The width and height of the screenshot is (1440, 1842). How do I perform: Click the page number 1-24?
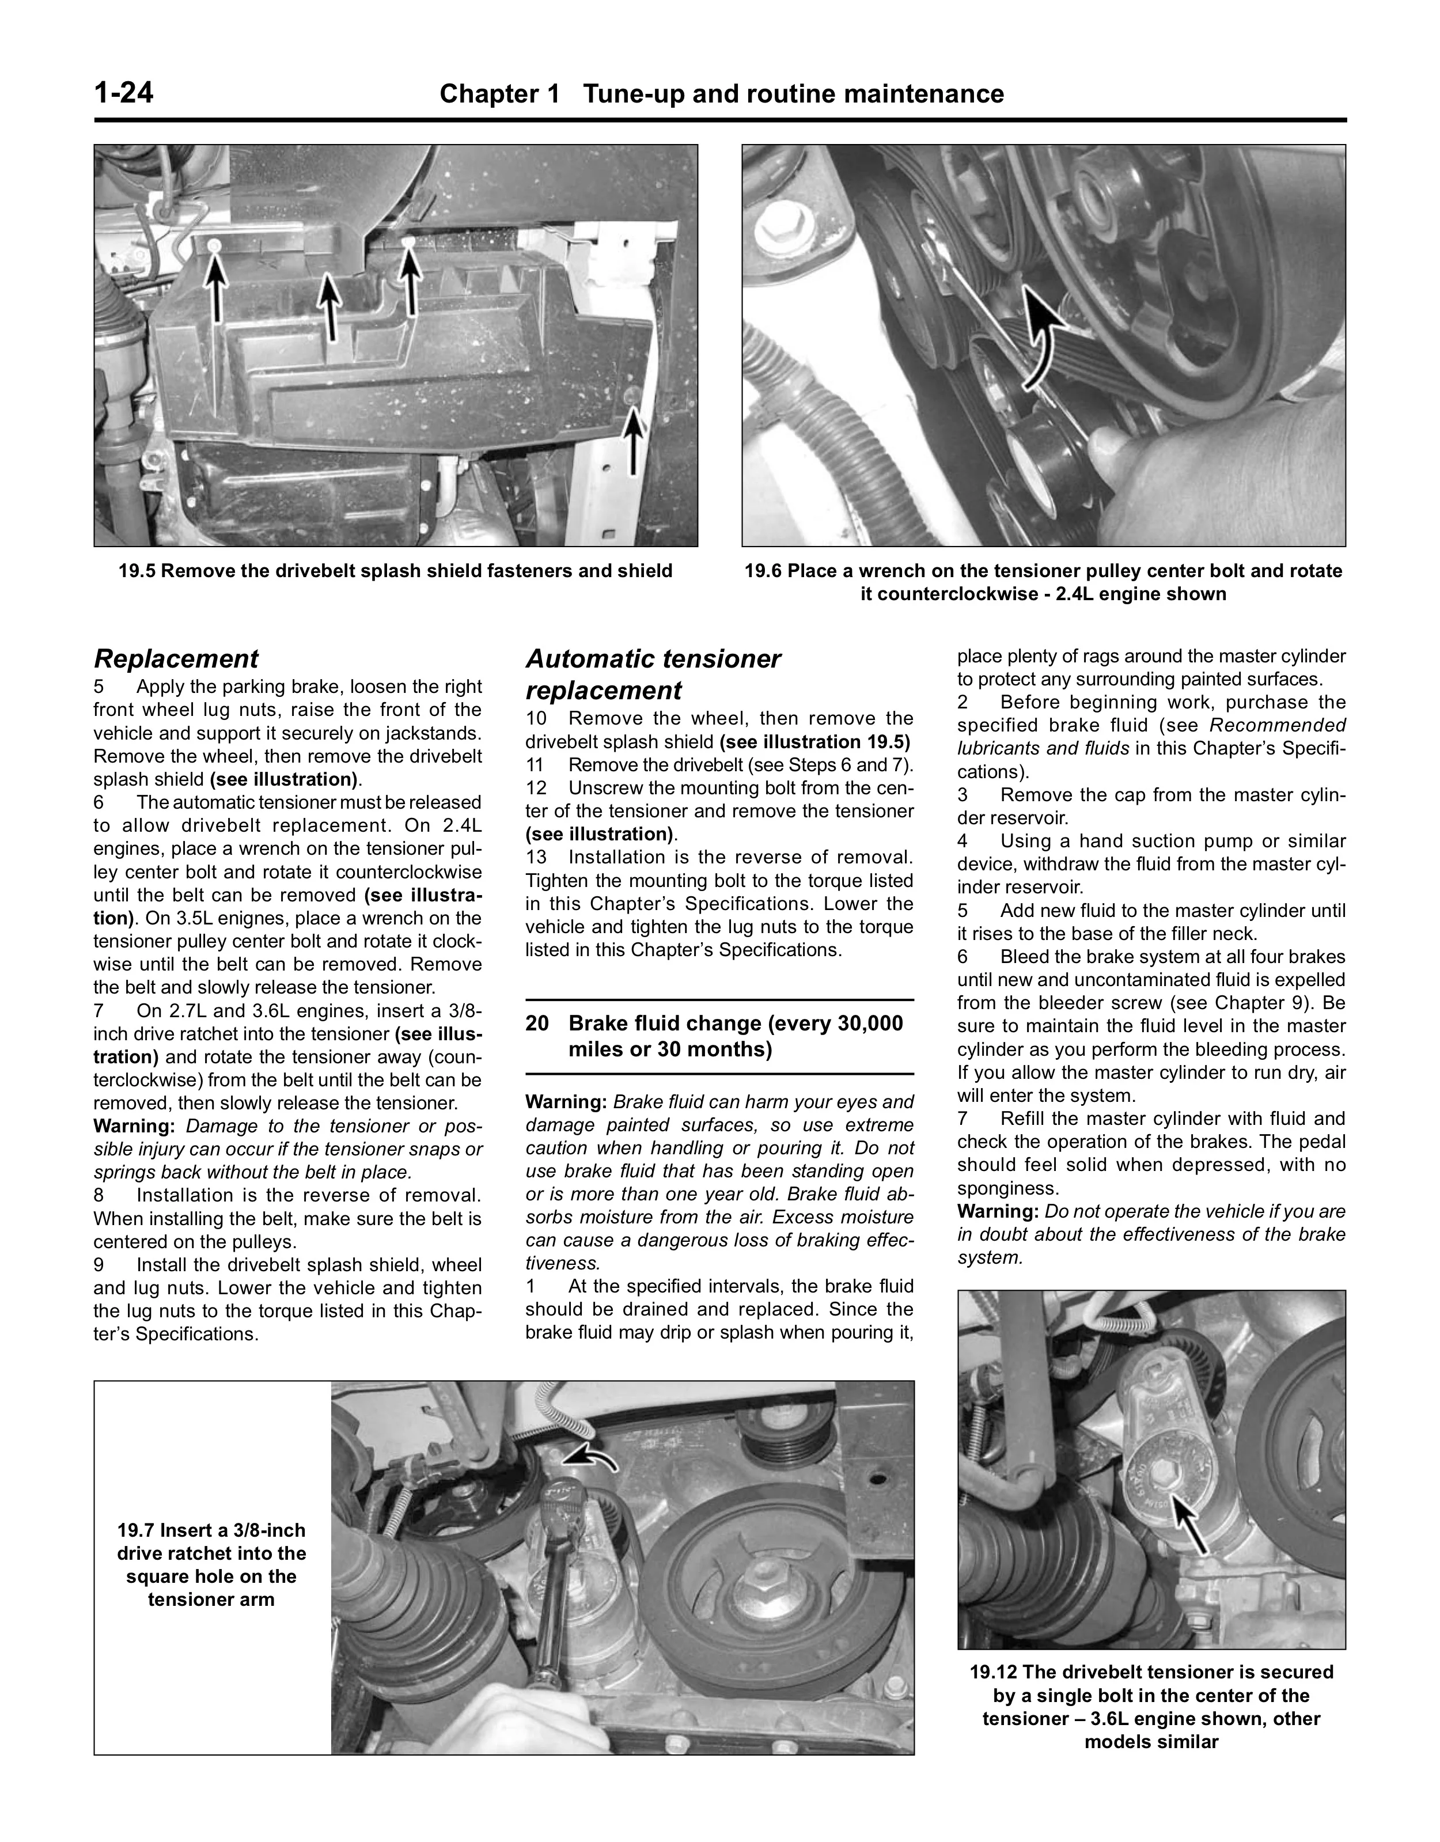click(124, 92)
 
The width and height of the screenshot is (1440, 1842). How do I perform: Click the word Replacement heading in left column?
click(176, 659)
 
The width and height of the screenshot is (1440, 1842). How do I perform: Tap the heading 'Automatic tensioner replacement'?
click(654, 674)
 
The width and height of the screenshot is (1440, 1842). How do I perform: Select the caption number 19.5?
click(137, 571)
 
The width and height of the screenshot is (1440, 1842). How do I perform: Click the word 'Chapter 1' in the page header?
click(500, 94)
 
